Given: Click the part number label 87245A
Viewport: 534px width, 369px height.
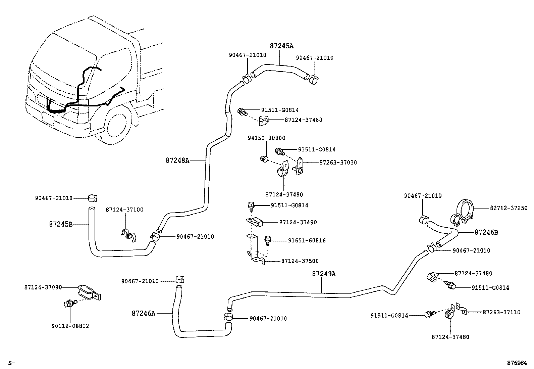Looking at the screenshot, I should pyautogui.click(x=284, y=46).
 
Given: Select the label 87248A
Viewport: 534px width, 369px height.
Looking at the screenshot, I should pyautogui.click(x=177, y=160).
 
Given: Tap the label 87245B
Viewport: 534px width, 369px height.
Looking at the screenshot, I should pyautogui.click(x=61, y=224).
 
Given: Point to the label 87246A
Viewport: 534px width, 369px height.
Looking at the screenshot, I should pyautogui.click(x=144, y=313).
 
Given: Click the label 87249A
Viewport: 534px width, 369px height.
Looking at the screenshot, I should pyautogui.click(x=324, y=274).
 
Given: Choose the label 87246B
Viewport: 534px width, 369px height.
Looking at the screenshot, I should pyautogui.click(x=486, y=232).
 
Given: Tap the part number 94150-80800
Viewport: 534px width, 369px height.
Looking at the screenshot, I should pyautogui.click(x=266, y=138).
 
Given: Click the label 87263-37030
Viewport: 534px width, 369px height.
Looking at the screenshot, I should pyautogui.click(x=338, y=163).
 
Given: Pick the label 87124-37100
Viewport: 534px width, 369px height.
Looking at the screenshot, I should pyautogui.click(x=124, y=210).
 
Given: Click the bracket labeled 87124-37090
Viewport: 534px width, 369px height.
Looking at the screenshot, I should pyautogui.click(x=89, y=292).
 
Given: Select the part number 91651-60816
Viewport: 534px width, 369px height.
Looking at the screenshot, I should pyautogui.click(x=307, y=240).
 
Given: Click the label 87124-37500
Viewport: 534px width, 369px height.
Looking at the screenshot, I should pyautogui.click(x=300, y=261).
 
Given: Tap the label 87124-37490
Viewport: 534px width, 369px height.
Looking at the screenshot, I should pyautogui.click(x=298, y=222).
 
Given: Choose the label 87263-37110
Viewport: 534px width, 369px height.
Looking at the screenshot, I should pyautogui.click(x=501, y=312).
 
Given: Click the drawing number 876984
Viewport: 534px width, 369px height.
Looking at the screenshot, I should pyautogui.click(x=517, y=363).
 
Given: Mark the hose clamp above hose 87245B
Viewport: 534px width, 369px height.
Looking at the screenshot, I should pyautogui.click(x=92, y=198).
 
